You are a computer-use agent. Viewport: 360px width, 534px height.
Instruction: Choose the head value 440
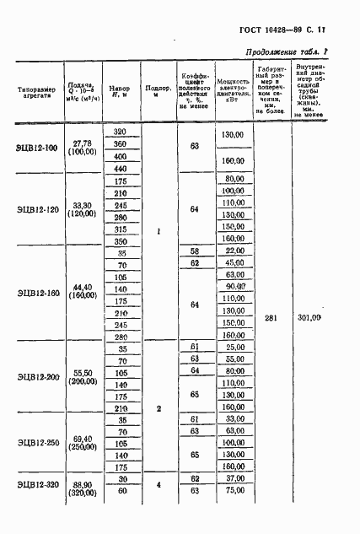tap(120, 169)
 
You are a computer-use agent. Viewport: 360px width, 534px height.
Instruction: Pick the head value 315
tap(120, 229)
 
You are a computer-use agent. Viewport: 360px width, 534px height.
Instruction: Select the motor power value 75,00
tap(232, 489)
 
